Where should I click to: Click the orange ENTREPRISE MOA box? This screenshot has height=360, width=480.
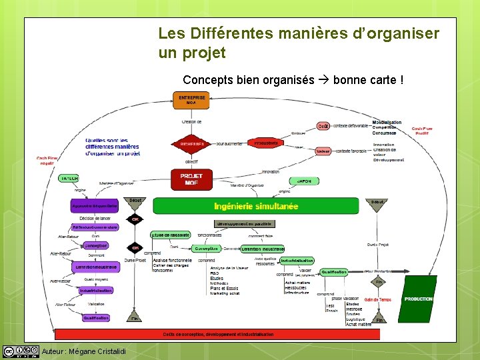191,100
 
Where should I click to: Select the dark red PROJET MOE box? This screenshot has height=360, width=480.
191,179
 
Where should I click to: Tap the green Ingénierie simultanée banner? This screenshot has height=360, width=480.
256,206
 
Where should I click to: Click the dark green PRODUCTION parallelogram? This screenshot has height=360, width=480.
418,299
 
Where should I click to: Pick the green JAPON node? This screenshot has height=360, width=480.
303,181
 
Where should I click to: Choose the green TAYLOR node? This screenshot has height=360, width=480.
69,179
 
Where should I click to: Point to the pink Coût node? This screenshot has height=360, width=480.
323,126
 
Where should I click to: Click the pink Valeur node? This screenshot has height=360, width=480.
323,151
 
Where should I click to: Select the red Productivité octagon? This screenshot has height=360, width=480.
266,143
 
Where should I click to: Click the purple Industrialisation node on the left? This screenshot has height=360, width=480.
95,291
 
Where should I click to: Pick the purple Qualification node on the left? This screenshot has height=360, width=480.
95,318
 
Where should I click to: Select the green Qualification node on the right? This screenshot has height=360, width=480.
334,272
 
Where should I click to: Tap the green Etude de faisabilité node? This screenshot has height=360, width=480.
170,235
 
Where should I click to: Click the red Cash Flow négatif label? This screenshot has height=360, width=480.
47,161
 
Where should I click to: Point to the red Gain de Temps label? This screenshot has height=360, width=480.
378,299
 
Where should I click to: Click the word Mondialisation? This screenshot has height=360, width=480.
387,122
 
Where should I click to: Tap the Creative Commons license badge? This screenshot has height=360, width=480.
20,351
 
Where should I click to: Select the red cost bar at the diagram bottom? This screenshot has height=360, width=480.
217,334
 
